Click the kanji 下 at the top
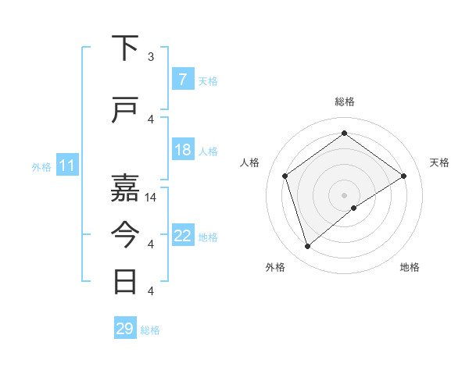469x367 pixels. [x=126, y=48]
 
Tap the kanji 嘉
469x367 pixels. [x=126, y=187]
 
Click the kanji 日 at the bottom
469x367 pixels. [x=126, y=281]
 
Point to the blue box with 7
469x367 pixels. [x=182, y=80]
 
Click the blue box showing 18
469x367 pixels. [x=182, y=150]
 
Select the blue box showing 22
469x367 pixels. [x=182, y=236]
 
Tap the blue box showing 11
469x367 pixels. [x=67, y=166]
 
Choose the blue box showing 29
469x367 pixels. [x=124, y=329]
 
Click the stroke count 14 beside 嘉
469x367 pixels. [x=152, y=198]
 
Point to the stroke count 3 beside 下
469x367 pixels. [x=151, y=57]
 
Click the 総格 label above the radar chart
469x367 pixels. [x=345, y=102]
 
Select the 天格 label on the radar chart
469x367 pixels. [x=440, y=162]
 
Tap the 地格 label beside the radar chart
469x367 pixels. [x=410, y=268]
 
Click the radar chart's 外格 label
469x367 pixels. [x=275, y=268]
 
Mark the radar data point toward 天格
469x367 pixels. [x=403, y=176]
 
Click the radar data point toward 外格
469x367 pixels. [x=307, y=247]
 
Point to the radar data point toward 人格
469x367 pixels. [x=285, y=176]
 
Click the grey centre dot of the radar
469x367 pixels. [x=345, y=194]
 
